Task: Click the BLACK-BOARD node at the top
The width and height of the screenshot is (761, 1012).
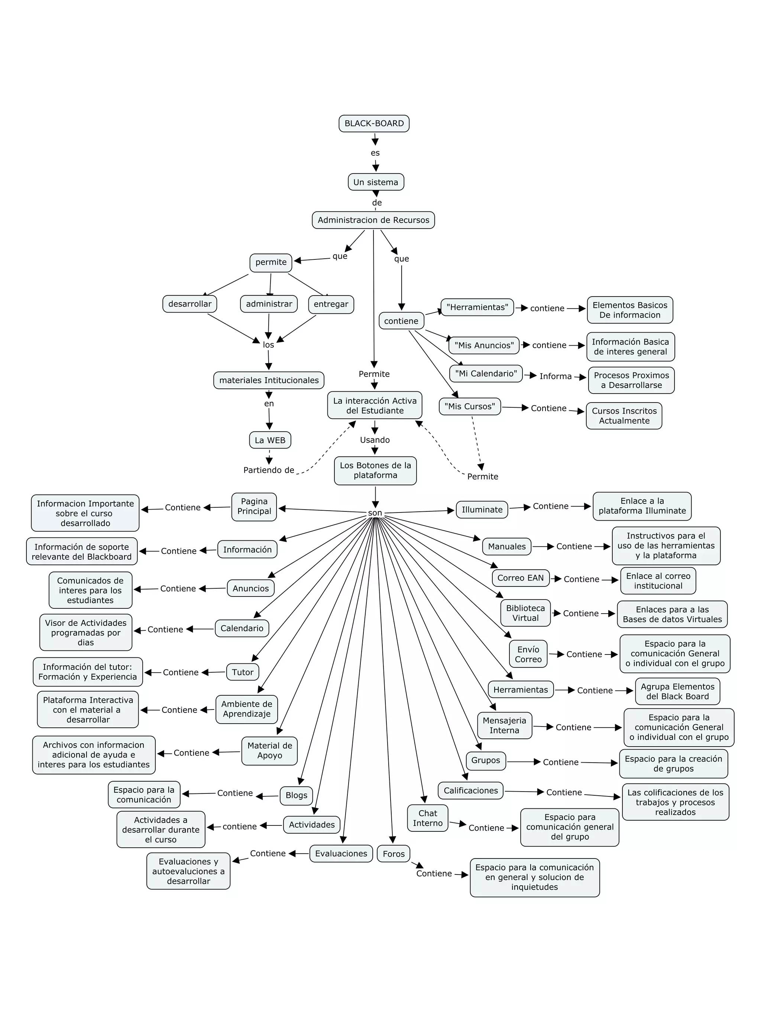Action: coord(374,123)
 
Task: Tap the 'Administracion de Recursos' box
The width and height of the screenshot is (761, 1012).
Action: coord(373,220)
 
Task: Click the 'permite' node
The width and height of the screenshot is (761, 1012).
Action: coord(271,262)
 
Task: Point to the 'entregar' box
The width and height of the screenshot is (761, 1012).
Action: coord(331,304)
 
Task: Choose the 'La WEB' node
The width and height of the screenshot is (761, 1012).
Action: coord(270,440)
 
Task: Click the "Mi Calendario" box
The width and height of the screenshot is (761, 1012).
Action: coord(486,374)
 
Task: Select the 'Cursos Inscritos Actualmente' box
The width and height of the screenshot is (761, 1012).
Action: coord(624,416)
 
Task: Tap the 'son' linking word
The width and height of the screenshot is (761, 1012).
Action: coord(375,513)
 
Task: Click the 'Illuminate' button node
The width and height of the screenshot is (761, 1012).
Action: coord(482,510)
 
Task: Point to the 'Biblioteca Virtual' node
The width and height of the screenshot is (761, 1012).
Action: coord(525,613)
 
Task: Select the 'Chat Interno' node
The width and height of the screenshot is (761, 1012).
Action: coord(427,818)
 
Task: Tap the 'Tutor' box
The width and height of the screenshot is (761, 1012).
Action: coord(242,672)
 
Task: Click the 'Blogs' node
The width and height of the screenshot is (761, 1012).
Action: coord(297,795)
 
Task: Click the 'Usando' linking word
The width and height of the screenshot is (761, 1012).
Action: coord(375,440)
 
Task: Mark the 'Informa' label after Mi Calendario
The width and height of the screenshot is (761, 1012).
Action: coord(555,376)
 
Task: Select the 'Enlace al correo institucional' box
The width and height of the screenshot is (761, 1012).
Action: coord(658,581)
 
